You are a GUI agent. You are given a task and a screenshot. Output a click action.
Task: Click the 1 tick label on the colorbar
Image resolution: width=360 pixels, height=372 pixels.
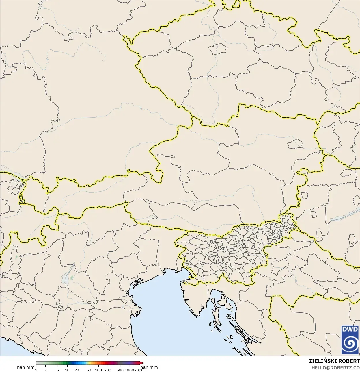click(36, 370)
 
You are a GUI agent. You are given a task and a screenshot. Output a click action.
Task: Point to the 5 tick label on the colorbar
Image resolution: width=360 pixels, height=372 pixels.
click(58, 370)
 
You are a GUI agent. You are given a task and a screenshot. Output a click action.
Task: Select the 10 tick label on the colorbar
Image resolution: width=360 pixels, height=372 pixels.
click(67, 370)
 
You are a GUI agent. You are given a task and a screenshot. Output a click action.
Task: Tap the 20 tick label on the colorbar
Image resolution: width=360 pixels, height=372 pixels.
click(77, 370)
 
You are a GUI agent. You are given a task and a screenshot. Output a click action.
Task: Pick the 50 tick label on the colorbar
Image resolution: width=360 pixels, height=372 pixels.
click(89, 370)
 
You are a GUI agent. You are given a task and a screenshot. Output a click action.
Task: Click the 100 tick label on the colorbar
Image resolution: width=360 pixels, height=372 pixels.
click(98, 370)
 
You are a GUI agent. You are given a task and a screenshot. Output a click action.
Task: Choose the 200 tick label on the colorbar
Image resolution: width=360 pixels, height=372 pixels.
click(108, 370)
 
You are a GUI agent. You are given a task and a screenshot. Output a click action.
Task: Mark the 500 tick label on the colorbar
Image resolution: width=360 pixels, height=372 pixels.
click(120, 370)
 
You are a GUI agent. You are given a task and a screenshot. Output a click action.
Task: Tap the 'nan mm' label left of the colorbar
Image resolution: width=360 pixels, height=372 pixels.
click(26, 367)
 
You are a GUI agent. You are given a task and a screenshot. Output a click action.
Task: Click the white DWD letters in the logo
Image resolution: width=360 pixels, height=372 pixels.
click(350, 329)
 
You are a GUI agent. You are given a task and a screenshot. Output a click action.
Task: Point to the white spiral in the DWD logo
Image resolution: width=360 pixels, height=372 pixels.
click(350, 344)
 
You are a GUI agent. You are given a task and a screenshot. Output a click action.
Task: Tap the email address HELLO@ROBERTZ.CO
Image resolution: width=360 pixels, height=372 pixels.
click(335, 368)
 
